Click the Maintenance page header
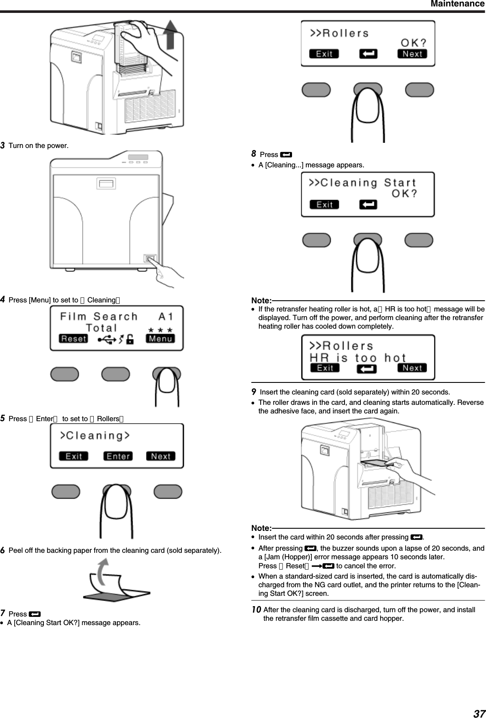click(x=457, y=4)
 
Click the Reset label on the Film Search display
click(x=74, y=339)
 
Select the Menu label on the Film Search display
click(x=160, y=339)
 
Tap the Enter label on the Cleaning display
click(x=118, y=456)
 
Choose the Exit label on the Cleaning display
click(x=74, y=456)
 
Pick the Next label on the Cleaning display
click(x=161, y=456)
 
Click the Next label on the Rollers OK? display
click(x=412, y=54)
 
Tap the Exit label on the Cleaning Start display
click(x=324, y=204)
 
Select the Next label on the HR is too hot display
click(x=412, y=368)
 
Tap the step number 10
click(x=256, y=610)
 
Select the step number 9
click(x=254, y=392)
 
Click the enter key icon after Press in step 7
click(x=35, y=614)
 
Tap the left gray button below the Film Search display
click(x=65, y=374)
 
